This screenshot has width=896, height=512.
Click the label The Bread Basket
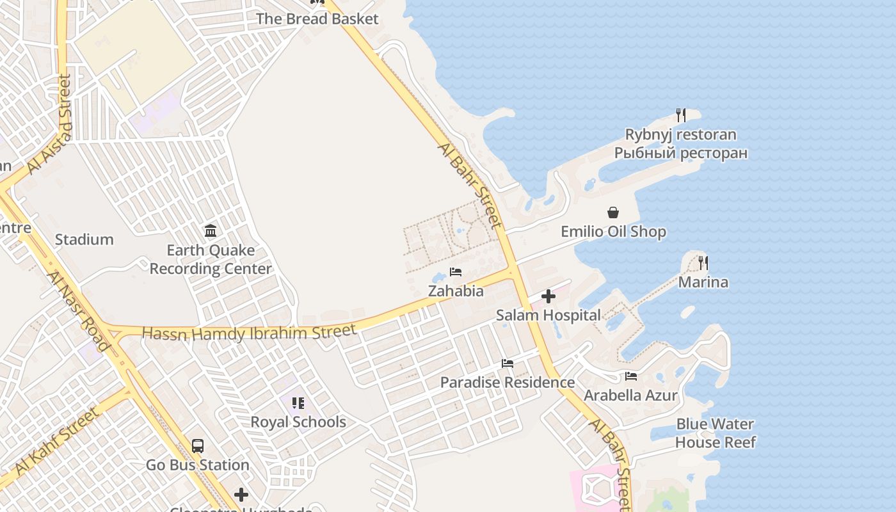pyautogui.click(x=317, y=19)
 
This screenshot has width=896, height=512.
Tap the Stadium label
pyautogui.click(x=84, y=240)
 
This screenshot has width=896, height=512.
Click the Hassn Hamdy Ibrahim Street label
pyautogui.click(x=249, y=333)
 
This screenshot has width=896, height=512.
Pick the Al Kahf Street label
pyautogui.click(x=58, y=442)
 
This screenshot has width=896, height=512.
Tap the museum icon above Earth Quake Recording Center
pyautogui.click(x=211, y=230)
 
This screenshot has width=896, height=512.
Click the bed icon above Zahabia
pyautogui.click(x=456, y=272)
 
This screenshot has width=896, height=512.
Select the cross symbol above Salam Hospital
pyautogui.click(x=548, y=296)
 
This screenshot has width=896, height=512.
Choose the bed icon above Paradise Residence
pyautogui.click(x=508, y=364)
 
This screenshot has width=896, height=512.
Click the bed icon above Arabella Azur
pyautogui.click(x=631, y=376)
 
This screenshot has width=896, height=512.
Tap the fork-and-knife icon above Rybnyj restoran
pyautogui.click(x=681, y=115)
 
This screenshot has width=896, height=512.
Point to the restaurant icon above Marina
pyautogui.click(x=703, y=262)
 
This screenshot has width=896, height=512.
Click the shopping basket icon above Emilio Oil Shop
pyautogui.click(x=613, y=212)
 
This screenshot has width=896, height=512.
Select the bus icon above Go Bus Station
pyautogui.click(x=198, y=445)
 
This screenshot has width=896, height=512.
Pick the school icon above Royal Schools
pyautogui.click(x=298, y=403)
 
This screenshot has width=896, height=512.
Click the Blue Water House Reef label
pyautogui.click(x=716, y=433)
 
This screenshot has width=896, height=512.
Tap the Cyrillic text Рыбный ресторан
pyautogui.click(x=681, y=154)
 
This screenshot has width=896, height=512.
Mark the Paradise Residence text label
pyautogui.click(x=508, y=383)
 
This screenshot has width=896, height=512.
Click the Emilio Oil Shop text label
pyautogui.click(x=613, y=232)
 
